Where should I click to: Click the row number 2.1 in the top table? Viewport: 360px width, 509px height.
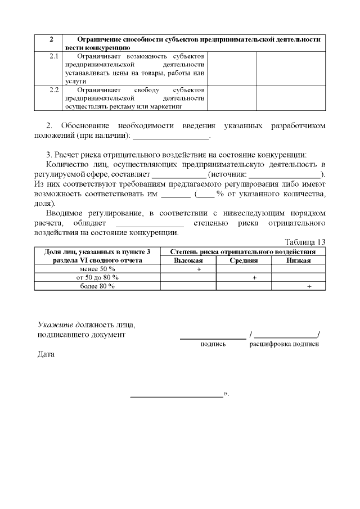click(54, 57)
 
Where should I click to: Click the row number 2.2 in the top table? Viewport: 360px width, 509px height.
click(54, 90)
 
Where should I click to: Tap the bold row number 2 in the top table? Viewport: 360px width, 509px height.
click(51, 39)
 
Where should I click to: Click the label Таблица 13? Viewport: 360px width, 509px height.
click(305, 242)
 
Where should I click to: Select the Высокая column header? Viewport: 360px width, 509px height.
click(188, 260)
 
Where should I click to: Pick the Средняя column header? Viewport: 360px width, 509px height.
click(244, 260)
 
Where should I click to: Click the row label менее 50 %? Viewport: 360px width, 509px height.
click(97, 269)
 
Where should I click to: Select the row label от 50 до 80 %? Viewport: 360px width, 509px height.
click(97, 277)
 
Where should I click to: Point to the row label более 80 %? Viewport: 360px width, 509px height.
click(97, 286)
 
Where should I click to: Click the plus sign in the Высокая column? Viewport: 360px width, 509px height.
click(199, 269)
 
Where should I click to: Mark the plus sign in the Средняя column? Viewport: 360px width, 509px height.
click(254, 277)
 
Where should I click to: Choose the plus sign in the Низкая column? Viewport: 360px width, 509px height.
click(309, 286)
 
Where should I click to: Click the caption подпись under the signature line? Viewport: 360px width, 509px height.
click(213, 344)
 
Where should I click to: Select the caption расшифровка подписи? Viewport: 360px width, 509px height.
click(284, 344)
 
